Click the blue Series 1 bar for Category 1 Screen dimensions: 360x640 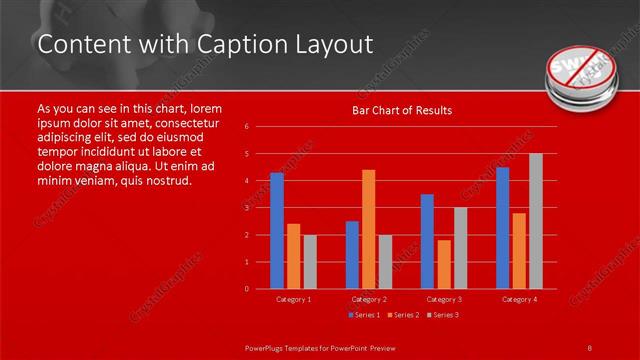[277, 231]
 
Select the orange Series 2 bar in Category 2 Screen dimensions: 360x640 [368, 229]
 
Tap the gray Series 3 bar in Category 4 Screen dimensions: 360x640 [535, 221]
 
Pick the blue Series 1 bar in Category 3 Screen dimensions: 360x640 [427, 241]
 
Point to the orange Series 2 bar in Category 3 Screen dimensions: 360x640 [443, 264]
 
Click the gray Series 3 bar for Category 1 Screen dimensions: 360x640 [310, 262]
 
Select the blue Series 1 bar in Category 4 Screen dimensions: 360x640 [502, 228]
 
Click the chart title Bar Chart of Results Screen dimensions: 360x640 [402, 110]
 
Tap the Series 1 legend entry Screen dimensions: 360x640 [364, 315]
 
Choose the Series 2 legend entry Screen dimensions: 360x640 [402, 315]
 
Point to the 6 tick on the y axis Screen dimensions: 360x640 [247, 127]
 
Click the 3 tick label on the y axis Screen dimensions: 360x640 [247, 208]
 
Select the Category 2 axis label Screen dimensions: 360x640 [368, 299]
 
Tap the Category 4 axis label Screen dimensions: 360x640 [519, 299]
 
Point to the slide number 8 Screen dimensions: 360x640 [590, 346]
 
